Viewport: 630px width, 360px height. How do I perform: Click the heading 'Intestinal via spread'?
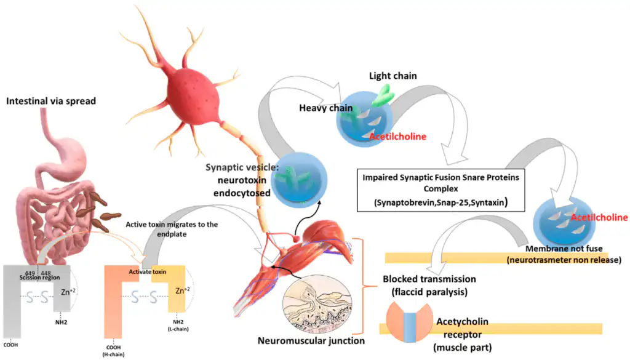pyautogui.click(x=51, y=101)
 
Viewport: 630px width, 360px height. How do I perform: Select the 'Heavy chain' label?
pyautogui.click(x=325, y=109)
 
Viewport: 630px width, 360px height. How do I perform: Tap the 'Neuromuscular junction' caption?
pyautogui.click(x=311, y=340)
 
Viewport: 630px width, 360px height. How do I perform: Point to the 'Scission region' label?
pyautogui.click(x=39, y=278)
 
